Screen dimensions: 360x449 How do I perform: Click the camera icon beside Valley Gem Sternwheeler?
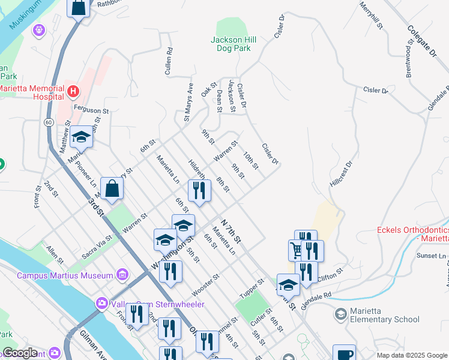coord(100,304)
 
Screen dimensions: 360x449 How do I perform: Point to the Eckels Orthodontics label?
coord(412,234)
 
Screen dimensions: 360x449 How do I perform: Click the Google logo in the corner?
coord(20,353)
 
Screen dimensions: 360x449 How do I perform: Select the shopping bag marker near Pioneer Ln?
coord(112,188)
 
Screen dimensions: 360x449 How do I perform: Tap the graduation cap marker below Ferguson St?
coord(82,137)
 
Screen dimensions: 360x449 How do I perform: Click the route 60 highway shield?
coord(47,121)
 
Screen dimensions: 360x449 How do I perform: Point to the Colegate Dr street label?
coord(422,41)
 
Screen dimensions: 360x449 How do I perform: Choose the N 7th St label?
coord(230,231)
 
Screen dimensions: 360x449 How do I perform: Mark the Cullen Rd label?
coord(169,62)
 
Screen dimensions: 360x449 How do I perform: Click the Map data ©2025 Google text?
coord(411,355)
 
